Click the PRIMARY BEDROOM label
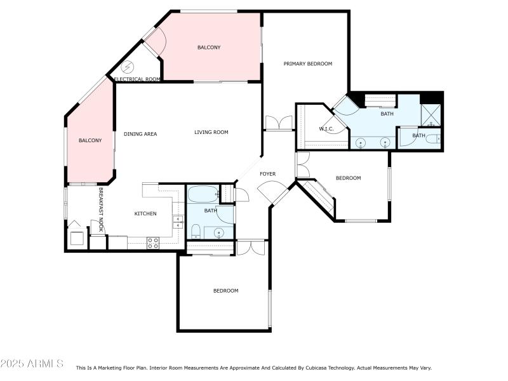tap(307, 63)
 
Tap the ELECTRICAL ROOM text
tap(137, 79)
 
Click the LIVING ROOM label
tap(211, 133)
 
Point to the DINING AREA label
tap(140, 134)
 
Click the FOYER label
tap(267, 174)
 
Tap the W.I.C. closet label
tap(326, 129)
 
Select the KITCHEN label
tap(145, 214)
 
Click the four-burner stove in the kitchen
tap(153, 243)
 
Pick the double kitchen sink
tap(178, 222)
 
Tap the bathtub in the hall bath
tap(202, 194)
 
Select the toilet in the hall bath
tap(196, 231)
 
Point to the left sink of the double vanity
tap(361, 142)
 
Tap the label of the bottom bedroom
tap(225, 291)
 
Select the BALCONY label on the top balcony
tap(209, 48)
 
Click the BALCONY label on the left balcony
tap(90, 140)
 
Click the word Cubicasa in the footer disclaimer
tap(363, 368)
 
